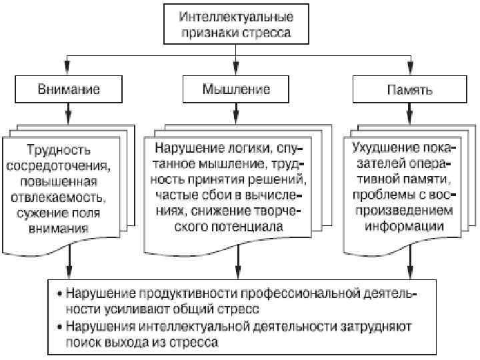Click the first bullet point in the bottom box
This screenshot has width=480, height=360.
(x=61, y=293)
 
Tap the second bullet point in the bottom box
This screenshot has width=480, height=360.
(x=61, y=327)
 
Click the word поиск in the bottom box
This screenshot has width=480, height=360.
(x=84, y=343)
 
